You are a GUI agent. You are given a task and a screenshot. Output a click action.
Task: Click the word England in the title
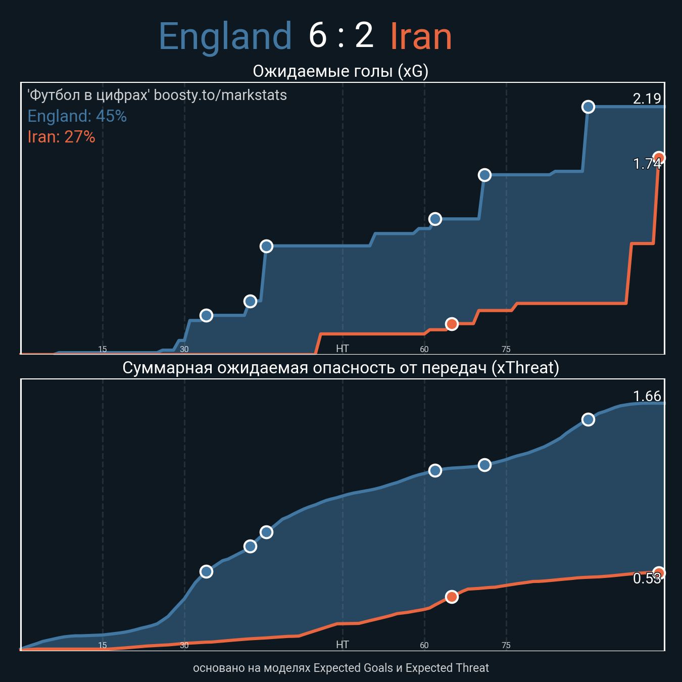pyautogui.click(x=225, y=36)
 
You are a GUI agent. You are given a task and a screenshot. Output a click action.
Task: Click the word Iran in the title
pyautogui.click(x=421, y=36)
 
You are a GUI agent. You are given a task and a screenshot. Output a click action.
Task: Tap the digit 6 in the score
pyautogui.click(x=318, y=36)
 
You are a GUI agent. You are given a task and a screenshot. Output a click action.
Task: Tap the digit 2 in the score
pyautogui.click(x=364, y=36)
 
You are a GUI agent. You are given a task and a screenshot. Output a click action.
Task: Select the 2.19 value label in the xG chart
pyautogui.click(x=647, y=99)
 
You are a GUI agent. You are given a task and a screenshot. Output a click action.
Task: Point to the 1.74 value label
pyautogui.click(x=647, y=164)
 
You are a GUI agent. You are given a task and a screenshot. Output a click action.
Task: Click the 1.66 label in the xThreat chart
pyautogui.click(x=647, y=396)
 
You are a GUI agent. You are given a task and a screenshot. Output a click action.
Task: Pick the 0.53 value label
pyautogui.click(x=647, y=578)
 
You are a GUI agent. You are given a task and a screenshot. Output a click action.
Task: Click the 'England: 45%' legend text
pyautogui.click(x=77, y=116)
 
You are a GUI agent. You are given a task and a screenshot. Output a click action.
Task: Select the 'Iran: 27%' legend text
pyautogui.click(x=61, y=137)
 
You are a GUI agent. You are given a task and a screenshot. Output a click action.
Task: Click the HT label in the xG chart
pyautogui.click(x=343, y=349)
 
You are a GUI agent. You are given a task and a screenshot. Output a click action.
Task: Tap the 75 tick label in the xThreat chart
pyautogui.click(x=506, y=645)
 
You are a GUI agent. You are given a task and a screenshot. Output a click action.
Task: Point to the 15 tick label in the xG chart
pyautogui.click(x=103, y=349)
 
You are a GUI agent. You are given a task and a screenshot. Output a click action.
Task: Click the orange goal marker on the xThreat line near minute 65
pyautogui.click(x=452, y=597)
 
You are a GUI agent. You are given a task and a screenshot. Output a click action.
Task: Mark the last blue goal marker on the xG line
pyautogui.click(x=588, y=107)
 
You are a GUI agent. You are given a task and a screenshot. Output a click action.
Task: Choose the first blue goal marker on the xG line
pyautogui.click(x=206, y=315)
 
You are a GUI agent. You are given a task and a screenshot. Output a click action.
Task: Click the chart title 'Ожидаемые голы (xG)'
pyautogui.click(x=340, y=71)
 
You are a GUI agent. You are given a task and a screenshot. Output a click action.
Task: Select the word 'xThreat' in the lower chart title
pyautogui.click(x=525, y=368)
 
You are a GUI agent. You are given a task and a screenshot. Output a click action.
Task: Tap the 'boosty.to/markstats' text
pyautogui.click(x=220, y=95)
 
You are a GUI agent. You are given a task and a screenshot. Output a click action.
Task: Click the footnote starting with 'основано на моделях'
pyautogui.click(x=341, y=668)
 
